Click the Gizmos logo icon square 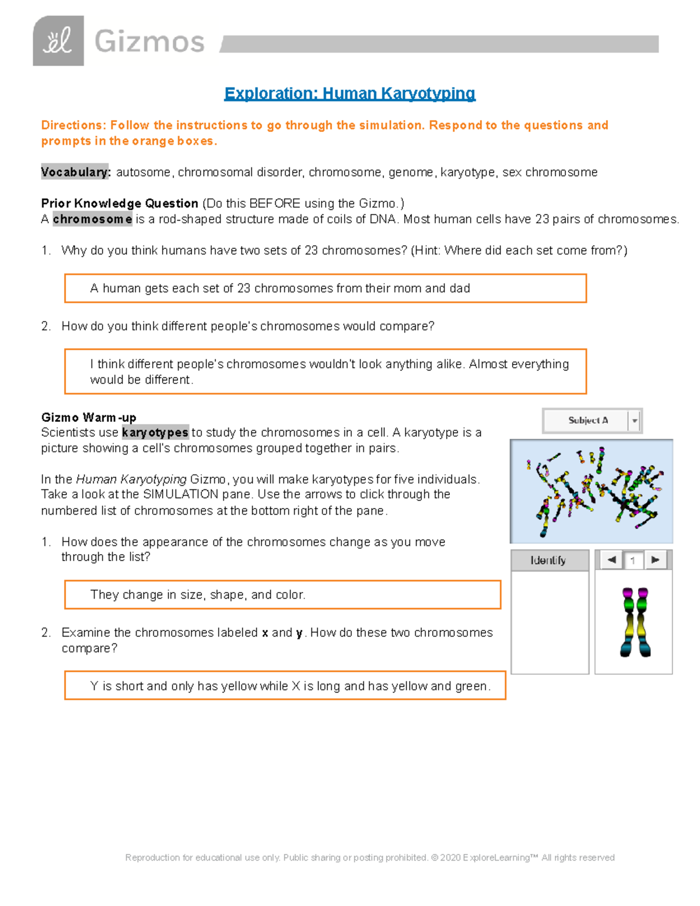click(58, 41)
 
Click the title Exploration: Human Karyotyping click(349, 93)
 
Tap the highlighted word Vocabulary click(75, 172)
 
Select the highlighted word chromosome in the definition click(92, 219)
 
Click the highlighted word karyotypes click(155, 432)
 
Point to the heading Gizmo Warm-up click(89, 417)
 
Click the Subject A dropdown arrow click(635, 421)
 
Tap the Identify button click(548, 560)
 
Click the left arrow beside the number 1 click(611, 560)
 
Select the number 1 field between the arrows click(633, 561)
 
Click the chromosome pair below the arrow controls click(635, 622)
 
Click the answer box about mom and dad click(325, 288)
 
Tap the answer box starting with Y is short click(285, 686)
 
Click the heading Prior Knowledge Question click(120, 204)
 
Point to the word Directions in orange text click(73, 125)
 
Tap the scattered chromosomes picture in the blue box click(591, 491)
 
